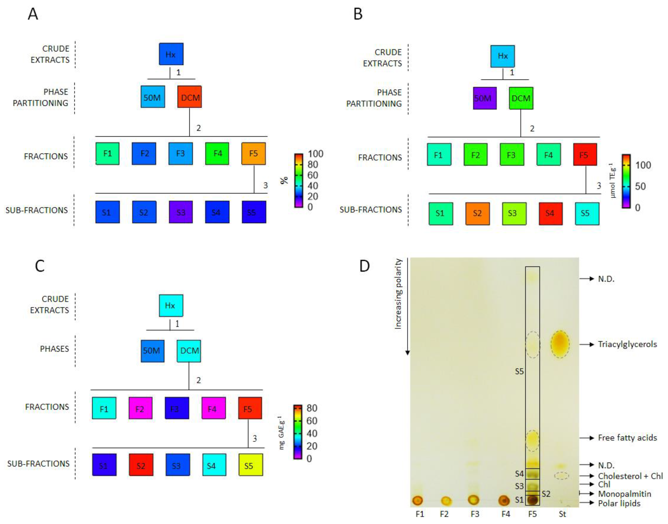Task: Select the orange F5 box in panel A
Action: pyautogui.click(x=254, y=153)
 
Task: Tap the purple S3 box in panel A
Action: pyautogui.click(x=181, y=212)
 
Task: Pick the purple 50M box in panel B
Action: pyautogui.click(x=484, y=98)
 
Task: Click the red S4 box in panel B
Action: pyautogui.click(x=551, y=213)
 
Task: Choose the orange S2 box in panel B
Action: pyautogui.click(x=477, y=213)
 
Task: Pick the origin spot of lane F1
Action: pyautogui.click(x=418, y=500)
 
